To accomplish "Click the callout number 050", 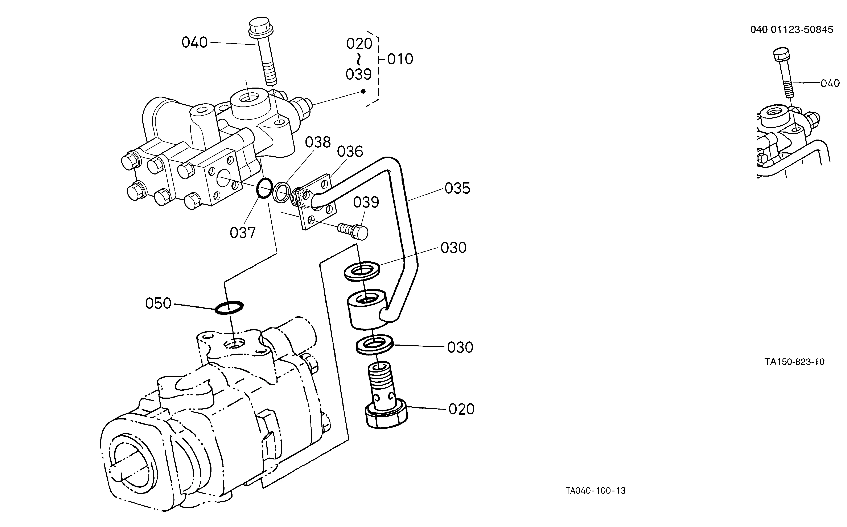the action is click(x=158, y=303).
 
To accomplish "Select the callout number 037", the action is click(x=243, y=233).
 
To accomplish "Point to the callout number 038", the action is click(x=318, y=142).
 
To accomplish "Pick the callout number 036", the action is click(x=350, y=152).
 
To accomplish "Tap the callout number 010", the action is click(x=400, y=59).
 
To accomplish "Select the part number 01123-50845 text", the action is click(x=802, y=30).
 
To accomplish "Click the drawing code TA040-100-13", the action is click(x=596, y=491).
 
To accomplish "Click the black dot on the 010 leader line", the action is click(x=363, y=91).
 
